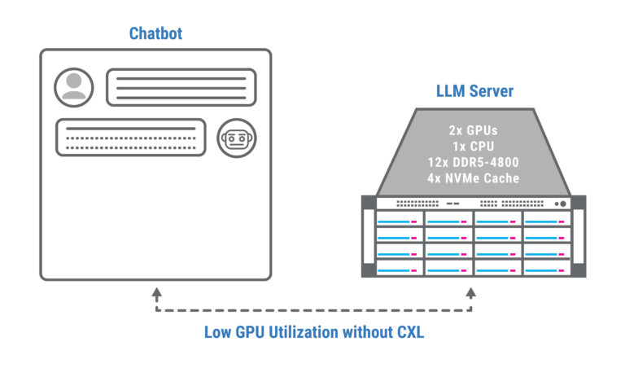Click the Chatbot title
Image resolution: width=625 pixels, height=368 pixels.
pos(156,33)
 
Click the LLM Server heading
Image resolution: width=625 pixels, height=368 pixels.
pos(474,91)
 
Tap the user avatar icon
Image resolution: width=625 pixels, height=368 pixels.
pos(74,87)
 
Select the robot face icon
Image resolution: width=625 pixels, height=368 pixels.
pos(237,138)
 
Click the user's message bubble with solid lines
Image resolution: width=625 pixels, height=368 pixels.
pos(181,87)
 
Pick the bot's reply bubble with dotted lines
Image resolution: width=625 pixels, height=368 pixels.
pos(131,137)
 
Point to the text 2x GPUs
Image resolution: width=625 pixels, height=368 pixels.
pos(474,130)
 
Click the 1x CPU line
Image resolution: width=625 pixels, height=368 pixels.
pos(474,147)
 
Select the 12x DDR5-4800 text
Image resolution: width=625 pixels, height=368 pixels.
pos(474,162)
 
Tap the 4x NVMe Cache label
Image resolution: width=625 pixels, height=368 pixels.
pos(474,178)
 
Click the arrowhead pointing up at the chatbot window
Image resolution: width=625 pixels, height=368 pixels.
pos(156,294)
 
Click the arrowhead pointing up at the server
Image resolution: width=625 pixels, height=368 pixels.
pos(471,293)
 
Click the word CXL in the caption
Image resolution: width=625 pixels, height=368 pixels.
pos(410,332)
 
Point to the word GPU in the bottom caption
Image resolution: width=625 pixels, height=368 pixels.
pos(250,332)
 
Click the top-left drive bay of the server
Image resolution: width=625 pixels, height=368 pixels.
pos(400,219)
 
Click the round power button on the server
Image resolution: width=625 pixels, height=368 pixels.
pos(563,204)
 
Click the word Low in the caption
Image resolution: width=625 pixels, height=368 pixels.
pos(217,332)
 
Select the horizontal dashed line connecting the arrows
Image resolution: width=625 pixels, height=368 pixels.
pos(314,310)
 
